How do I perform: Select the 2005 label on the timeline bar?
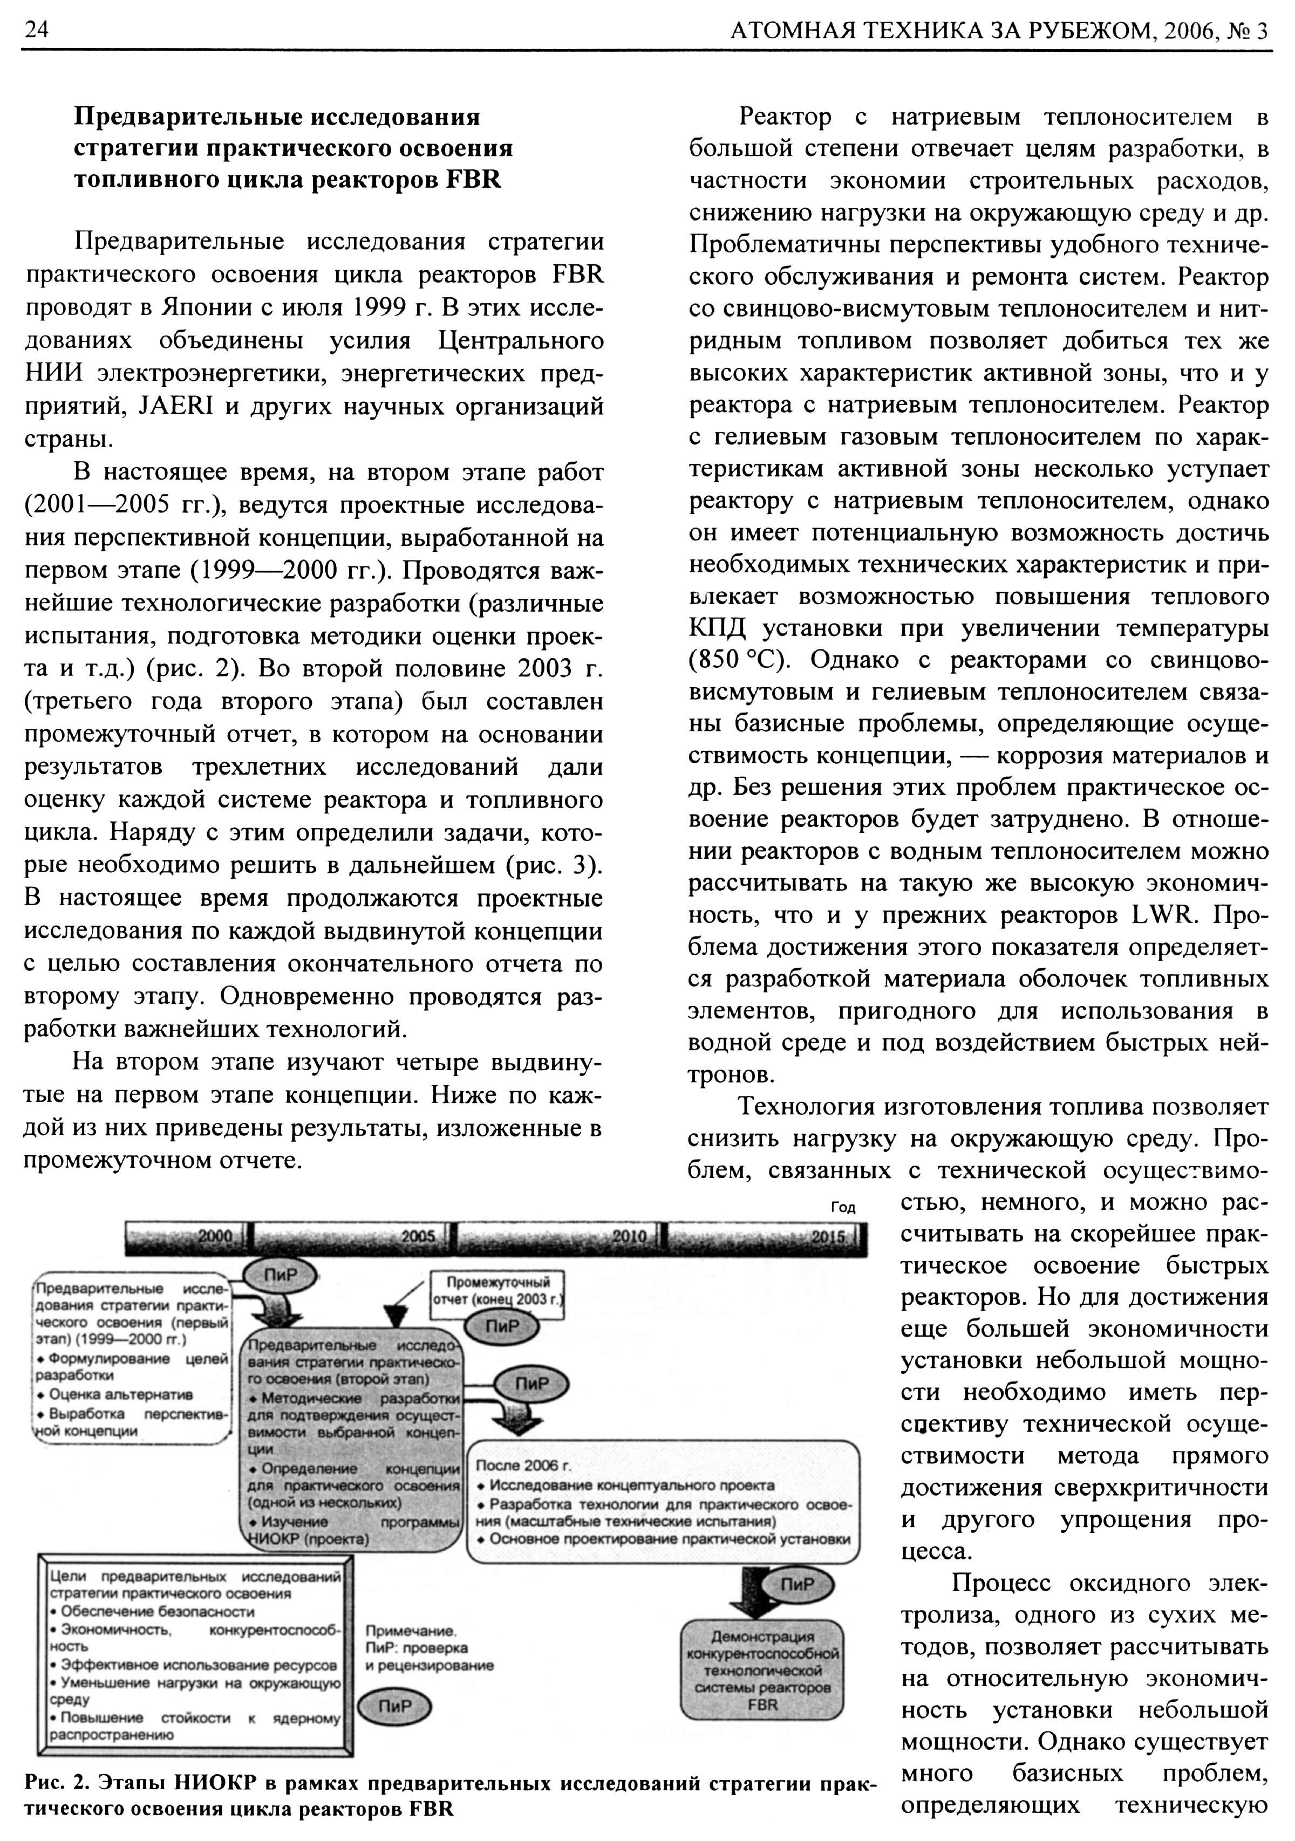pos(418,1236)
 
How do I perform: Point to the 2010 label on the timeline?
pos(630,1236)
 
